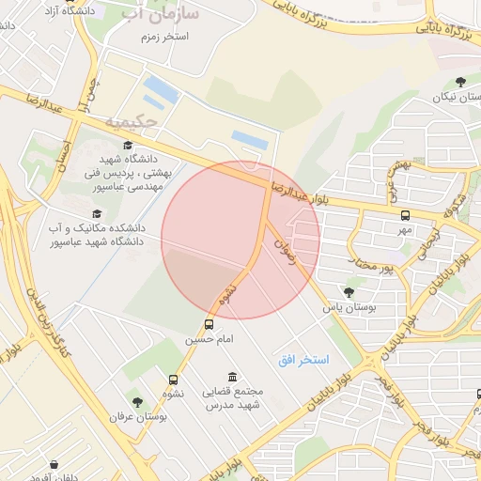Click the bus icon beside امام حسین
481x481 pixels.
point(209,324)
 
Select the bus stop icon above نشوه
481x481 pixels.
point(173,380)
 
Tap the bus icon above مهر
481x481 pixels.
point(405,215)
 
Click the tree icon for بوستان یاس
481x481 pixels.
point(349,292)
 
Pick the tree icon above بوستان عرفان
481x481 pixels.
point(137,402)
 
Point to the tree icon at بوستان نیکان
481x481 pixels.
point(459,83)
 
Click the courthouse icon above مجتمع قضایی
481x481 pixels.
point(232,377)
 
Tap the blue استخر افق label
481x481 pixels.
point(303,360)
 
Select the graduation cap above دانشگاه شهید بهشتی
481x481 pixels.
point(127,146)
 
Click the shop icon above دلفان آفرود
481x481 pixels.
point(54,464)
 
